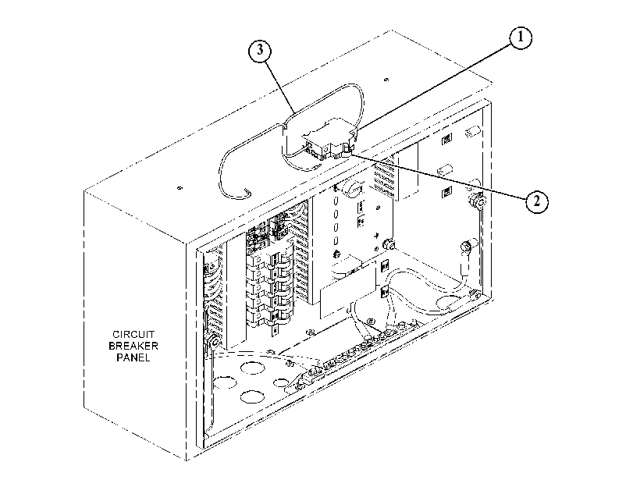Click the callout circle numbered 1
click(520, 37)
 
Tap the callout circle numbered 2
click(536, 201)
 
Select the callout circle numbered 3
click(260, 50)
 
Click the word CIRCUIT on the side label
click(133, 334)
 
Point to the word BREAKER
click(133, 346)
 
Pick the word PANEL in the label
click(133, 357)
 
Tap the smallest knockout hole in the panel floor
click(281, 382)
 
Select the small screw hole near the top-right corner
click(386, 80)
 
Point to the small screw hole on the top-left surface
click(180, 188)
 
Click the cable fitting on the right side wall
click(477, 201)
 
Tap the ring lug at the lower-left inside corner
click(214, 343)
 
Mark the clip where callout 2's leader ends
click(347, 151)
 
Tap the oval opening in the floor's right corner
click(448, 300)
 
